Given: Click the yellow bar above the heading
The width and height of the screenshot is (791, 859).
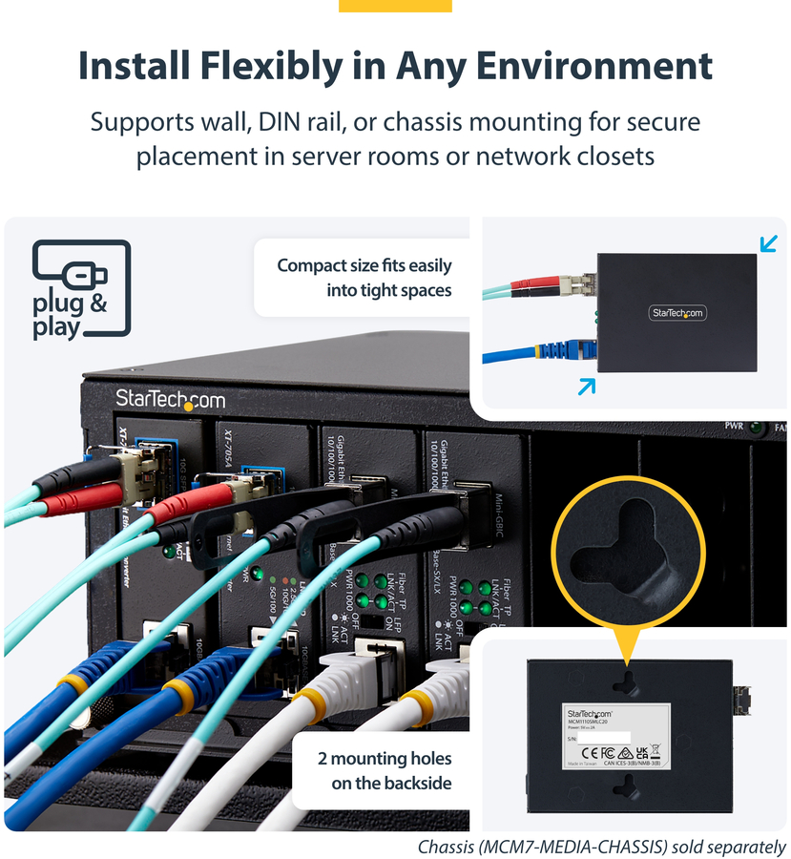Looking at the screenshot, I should point(395,6).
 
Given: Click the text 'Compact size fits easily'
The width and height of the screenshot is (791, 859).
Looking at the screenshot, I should point(364,265).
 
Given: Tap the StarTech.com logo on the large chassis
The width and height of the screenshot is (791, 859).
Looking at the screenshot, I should point(170,399).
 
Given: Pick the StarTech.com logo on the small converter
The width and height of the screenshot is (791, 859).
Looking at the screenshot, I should point(678,312).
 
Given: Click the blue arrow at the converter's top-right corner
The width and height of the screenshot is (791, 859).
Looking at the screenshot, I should point(768,244).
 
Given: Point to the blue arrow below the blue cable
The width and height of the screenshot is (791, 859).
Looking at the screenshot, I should point(587,386).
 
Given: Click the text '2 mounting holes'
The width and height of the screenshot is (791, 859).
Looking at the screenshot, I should point(385,760).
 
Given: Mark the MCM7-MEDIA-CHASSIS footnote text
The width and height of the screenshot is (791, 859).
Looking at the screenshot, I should point(602,847).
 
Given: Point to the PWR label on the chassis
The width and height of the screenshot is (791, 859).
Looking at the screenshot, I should point(734,426).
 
